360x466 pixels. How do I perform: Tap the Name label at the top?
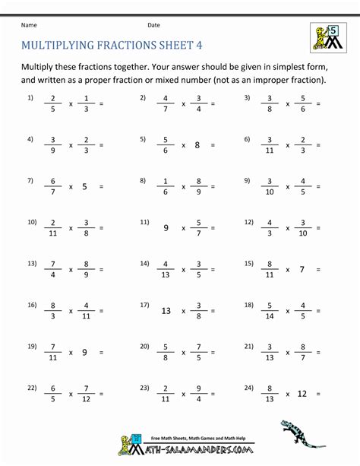[29, 24]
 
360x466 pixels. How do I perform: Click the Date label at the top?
[153, 24]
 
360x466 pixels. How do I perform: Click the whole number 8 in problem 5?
[197, 144]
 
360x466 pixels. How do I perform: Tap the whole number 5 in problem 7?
[84, 185]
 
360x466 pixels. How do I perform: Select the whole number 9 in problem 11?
[166, 227]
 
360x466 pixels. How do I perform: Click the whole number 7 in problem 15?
[301, 269]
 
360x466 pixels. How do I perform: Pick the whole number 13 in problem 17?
[166, 310]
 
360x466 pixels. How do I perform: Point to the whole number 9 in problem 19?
[84, 352]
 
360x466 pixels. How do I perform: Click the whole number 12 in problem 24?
[302, 393]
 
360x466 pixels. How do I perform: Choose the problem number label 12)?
[248, 222]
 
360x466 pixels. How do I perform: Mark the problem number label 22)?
[31, 388]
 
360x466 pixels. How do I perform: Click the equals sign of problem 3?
[318, 103]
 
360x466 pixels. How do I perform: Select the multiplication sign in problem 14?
[182, 269]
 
